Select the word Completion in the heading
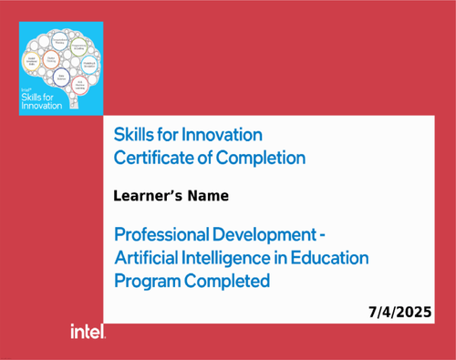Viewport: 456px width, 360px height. click(264, 157)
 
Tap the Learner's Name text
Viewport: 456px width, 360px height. click(171, 196)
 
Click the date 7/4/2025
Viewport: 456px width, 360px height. click(399, 312)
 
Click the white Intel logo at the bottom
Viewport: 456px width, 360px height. click(88, 333)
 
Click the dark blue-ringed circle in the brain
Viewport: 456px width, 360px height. click(61, 77)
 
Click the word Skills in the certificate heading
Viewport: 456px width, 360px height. click(134, 133)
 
